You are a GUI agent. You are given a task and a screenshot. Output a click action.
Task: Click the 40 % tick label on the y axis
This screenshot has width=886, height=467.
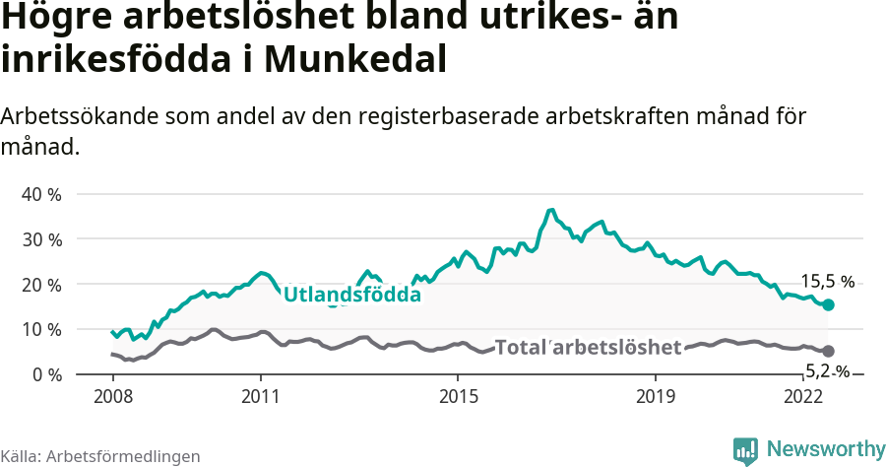click(41, 194)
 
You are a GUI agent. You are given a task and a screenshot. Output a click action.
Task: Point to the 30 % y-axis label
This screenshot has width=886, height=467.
click(41, 239)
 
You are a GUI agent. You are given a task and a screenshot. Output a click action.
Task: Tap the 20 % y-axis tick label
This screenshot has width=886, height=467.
click(41, 285)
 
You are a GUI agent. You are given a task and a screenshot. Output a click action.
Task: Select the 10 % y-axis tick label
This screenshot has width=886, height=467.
click(41, 329)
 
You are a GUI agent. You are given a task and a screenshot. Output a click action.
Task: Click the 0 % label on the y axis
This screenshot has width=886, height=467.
click(45, 374)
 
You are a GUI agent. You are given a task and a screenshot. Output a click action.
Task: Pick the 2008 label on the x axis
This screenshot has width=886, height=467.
click(112, 396)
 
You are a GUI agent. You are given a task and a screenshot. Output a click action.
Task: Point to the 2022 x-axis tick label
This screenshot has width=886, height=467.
click(802, 396)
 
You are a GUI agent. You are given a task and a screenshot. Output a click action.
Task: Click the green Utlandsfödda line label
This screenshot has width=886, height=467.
click(351, 295)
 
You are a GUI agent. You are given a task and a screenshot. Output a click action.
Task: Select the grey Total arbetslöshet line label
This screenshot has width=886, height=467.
click(588, 347)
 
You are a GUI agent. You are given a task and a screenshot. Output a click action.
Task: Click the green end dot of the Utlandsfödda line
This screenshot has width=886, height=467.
click(828, 305)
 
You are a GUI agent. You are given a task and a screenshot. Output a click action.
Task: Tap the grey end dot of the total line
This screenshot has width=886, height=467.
click(828, 351)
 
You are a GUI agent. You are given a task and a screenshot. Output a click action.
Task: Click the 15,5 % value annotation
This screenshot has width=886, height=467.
click(827, 281)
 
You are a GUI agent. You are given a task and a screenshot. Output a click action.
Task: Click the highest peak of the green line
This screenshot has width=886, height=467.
click(551, 210)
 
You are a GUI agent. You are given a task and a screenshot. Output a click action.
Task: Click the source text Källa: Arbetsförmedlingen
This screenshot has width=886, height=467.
click(100, 456)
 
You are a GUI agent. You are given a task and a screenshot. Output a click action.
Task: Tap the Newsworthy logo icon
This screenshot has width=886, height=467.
click(745, 450)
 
